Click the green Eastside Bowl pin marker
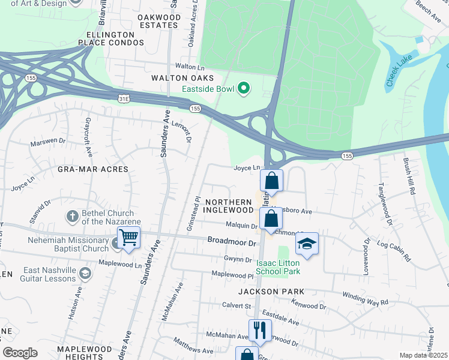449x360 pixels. click(243, 89)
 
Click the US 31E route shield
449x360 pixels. click(124, 97)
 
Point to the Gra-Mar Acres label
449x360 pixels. click(93, 169)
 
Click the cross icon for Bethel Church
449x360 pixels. click(71, 216)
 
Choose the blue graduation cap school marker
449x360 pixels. click(307, 244)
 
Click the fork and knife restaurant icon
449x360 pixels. click(260, 329)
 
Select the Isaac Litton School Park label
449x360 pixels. click(277, 267)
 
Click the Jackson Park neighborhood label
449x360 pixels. click(271, 292)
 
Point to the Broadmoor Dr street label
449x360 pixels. click(232, 241)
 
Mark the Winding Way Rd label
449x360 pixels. click(365, 299)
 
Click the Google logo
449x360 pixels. click(20, 353)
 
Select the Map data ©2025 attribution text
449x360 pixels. click(423, 355)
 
